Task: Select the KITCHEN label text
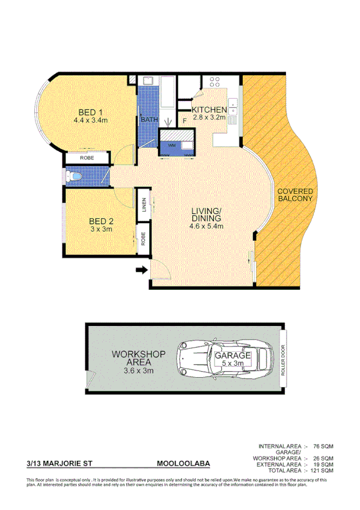click(209, 109)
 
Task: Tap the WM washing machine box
click(173, 145)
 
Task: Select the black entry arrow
click(141, 271)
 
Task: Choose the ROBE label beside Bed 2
click(144, 239)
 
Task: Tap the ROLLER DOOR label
click(282, 360)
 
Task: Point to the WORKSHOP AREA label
click(139, 359)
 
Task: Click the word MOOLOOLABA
click(183, 464)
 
